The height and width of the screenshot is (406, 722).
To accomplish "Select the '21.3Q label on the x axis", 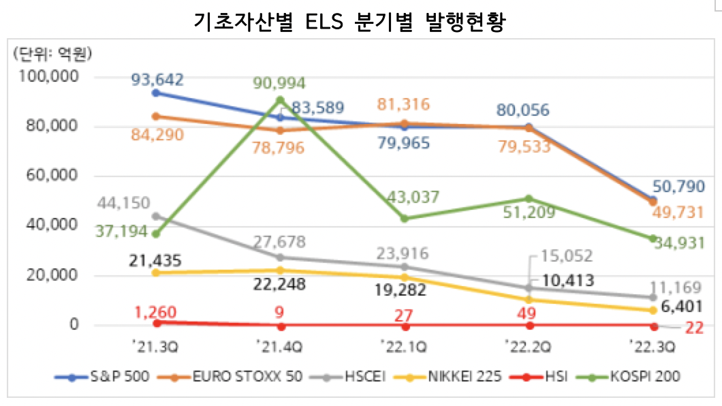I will tap(156, 347).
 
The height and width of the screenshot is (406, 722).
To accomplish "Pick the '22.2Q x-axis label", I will tap(528, 347).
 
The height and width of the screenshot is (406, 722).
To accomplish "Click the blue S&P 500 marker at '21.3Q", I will tap(156, 93).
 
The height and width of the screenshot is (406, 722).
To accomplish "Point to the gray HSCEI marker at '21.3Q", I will tap(156, 216).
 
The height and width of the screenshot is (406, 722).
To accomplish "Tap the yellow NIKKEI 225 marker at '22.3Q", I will tap(653, 310).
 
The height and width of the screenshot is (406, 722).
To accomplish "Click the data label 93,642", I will tap(158, 79).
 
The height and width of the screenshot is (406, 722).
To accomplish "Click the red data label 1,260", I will tap(158, 313).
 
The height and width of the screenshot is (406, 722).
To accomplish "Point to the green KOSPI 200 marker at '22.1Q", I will tap(405, 219).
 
